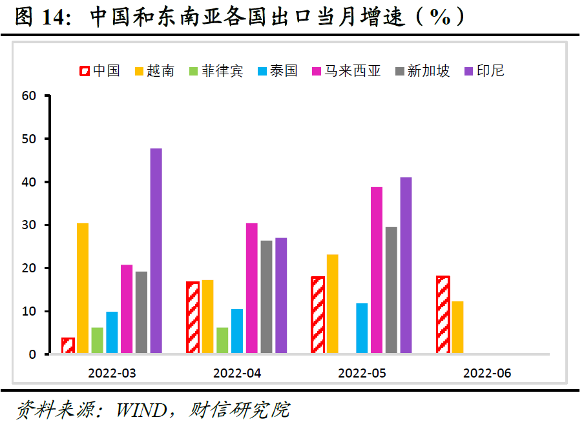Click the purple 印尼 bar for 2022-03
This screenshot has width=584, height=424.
click(x=156, y=251)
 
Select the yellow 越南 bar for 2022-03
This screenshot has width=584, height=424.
click(x=83, y=288)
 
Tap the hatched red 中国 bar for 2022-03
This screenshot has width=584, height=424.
click(x=68, y=346)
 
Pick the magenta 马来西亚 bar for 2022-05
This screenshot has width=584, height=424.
click(x=377, y=270)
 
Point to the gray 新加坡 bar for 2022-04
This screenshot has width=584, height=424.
click(x=266, y=297)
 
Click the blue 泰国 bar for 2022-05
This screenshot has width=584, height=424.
click(x=362, y=328)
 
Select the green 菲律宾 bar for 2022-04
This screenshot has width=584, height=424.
click(x=222, y=341)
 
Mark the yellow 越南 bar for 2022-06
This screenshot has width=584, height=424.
click(x=457, y=328)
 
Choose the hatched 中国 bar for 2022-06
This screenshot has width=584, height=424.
click(x=443, y=315)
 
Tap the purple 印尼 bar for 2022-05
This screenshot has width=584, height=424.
click(x=406, y=265)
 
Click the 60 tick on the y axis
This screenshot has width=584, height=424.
click(x=28, y=96)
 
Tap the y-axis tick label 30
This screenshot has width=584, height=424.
click(x=28, y=225)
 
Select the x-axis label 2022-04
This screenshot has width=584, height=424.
click(x=236, y=373)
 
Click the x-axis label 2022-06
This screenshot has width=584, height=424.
click(x=486, y=373)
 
